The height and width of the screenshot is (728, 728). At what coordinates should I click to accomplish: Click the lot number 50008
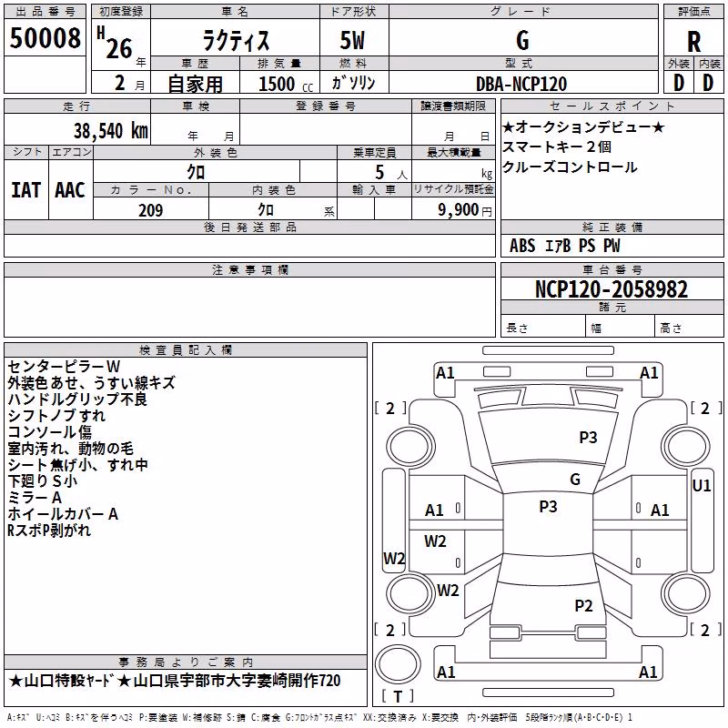pos(45,37)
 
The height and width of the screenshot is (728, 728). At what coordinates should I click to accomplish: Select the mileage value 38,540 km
pos(110,131)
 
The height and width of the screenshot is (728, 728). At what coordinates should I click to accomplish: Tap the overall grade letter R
pos(693,42)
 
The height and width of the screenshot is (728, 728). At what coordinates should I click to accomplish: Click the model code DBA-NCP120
pos(521,84)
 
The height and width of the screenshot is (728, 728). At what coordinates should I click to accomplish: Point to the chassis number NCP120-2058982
pos(612,289)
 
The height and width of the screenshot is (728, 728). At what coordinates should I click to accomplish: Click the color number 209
pos(150,210)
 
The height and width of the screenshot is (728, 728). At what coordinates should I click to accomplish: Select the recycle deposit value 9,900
pos(459,209)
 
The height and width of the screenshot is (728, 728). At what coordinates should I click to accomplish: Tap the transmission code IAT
pos(25,190)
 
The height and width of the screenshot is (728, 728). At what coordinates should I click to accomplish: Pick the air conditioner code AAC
pos(70,190)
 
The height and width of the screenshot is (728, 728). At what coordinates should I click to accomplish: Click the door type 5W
pos(352,40)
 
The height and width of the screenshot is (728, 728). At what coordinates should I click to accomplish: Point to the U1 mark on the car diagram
pos(701,486)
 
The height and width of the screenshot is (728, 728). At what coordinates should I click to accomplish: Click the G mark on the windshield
pos(575,480)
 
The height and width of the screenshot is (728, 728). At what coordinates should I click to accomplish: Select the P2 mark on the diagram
pos(583,605)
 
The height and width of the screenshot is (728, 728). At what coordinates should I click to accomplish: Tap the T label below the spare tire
pos(398,696)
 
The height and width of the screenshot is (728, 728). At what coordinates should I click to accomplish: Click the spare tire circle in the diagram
pos(398,663)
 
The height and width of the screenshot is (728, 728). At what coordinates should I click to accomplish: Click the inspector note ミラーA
pos(35,498)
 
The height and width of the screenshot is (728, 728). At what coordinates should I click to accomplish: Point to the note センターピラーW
pos(64,367)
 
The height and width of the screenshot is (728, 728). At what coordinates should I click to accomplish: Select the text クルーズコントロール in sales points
pos(570,167)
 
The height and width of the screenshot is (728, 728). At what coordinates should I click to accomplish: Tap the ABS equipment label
pos(522,246)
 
